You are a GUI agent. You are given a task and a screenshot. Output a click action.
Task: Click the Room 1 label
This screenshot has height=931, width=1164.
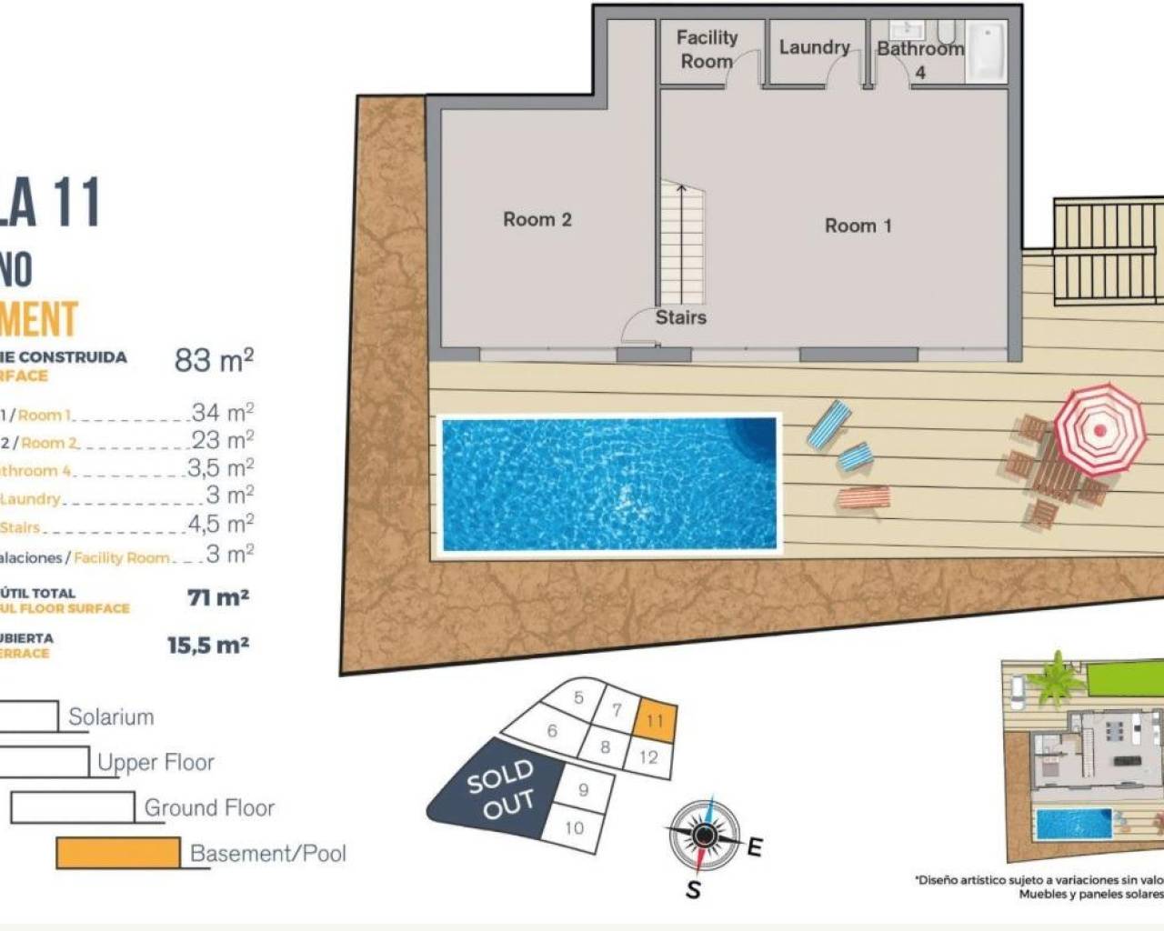click(858, 225)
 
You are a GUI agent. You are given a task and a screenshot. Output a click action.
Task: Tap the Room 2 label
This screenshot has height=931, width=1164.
click(537, 219)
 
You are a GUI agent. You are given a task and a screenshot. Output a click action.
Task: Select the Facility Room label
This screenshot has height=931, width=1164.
click(706, 49)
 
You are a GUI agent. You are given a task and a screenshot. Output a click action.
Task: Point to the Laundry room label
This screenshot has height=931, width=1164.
click(814, 47)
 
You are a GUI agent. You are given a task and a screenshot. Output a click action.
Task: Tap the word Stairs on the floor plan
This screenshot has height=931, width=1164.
click(680, 317)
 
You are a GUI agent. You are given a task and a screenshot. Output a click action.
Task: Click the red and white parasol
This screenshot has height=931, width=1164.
click(1099, 430)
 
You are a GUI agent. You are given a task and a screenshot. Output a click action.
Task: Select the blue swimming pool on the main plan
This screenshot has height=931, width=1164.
click(609, 484)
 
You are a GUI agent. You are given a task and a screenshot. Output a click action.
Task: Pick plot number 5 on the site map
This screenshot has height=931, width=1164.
click(578, 698)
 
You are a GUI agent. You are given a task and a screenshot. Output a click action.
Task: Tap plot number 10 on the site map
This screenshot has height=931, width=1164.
click(574, 827)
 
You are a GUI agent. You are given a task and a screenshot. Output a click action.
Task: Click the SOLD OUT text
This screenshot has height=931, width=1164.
click(501, 789)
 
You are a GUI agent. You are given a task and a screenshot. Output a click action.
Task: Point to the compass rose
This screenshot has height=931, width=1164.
click(703, 835)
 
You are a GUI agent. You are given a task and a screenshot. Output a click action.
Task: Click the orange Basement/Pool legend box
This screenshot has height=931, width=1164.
click(118, 853)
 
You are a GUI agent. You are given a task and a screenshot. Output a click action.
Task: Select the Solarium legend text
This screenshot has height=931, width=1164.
click(111, 716)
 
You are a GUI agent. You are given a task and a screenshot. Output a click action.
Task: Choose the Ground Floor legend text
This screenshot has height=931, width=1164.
click(209, 807)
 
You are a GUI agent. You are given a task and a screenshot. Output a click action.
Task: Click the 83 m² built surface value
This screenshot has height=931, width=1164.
click(214, 360)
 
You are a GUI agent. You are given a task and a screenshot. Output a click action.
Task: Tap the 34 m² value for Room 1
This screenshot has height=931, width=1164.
click(222, 413)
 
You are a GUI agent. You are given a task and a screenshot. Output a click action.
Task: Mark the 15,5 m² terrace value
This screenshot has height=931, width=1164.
click(208, 646)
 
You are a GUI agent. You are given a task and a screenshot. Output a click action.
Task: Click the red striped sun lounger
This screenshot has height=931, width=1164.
click(864, 497)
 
